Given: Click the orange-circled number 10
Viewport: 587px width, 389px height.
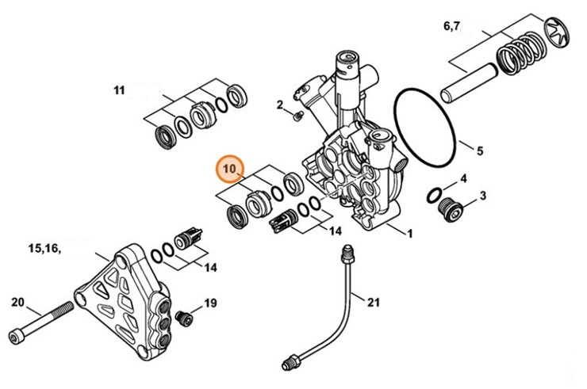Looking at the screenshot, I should coord(230,170).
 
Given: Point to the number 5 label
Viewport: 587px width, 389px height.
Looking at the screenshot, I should coord(479,148).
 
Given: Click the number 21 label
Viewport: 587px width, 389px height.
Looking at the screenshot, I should coord(374,300).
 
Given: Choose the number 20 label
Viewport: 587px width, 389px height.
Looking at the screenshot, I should coord(18,301).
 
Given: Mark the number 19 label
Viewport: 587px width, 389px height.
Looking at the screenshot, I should coord(210,303).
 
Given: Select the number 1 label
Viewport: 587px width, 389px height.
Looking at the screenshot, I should coord(409,234).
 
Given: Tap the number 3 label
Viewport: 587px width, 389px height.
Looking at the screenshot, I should coord(482,195).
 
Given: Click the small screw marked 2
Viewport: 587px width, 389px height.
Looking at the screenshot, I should coord(297,116).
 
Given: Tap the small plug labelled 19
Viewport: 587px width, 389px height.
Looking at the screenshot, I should coord(183,316).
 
